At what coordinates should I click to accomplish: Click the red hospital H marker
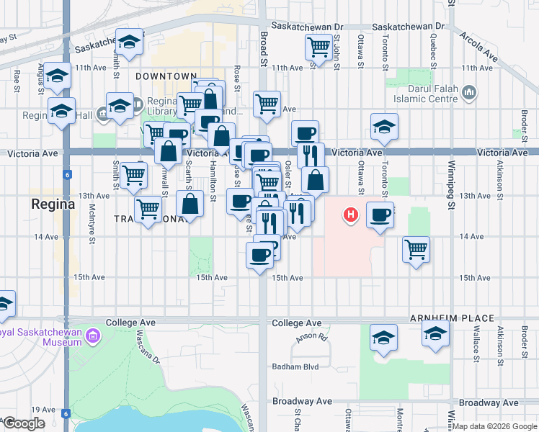click(351, 215)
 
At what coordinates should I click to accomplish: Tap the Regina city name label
click(53, 204)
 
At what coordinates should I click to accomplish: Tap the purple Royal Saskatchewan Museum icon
click(92, 336)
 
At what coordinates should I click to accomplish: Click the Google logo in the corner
click(24, 423)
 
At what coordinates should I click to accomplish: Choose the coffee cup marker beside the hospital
click(380, 214)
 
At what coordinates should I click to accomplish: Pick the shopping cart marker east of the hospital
click(416, 250)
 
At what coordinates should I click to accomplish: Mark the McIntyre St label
click(92, 222)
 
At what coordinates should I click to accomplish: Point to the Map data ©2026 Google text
click(494, 426)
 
